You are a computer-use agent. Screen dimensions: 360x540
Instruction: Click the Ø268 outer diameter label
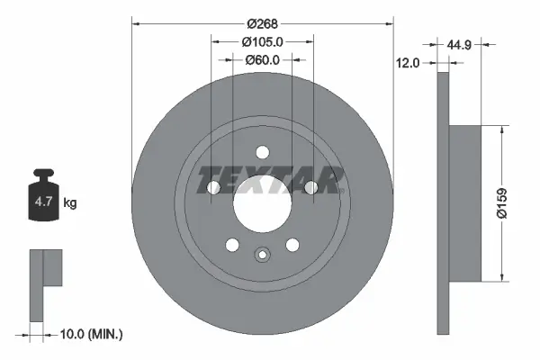point(263,22)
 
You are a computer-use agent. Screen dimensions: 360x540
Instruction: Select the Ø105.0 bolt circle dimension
point(263,41)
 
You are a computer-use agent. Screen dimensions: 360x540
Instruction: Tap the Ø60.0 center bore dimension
point(263,60)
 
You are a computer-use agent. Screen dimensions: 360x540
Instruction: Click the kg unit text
point(69,203)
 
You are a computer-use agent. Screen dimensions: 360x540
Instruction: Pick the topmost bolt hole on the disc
point(262,152)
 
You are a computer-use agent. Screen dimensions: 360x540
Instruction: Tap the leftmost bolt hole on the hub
point(213,187)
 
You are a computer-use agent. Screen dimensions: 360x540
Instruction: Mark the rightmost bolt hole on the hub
point(311,187)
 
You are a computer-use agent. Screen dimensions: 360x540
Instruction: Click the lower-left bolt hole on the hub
point(232,245)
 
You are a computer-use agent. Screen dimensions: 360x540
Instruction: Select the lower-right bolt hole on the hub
point(292,245)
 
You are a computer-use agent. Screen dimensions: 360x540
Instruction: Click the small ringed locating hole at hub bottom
point(262,255)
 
